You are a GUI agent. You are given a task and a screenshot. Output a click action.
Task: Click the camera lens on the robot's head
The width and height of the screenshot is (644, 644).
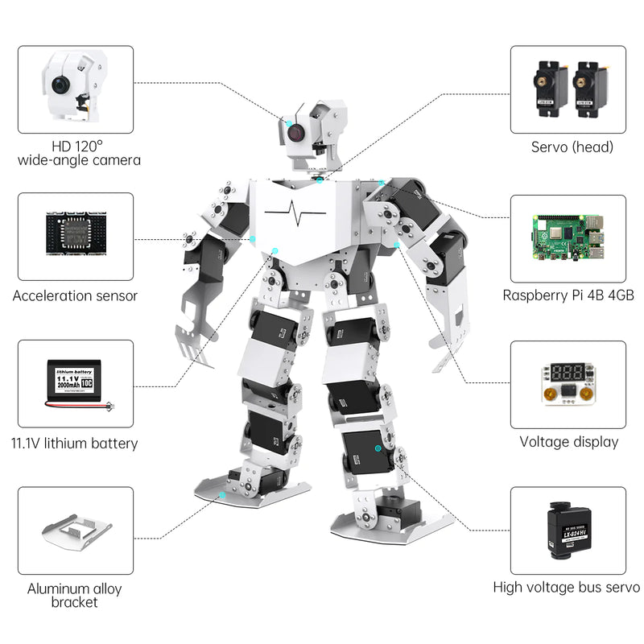tap(295, 131)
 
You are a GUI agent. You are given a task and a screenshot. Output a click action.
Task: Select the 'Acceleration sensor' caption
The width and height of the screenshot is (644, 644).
tap(75, 295)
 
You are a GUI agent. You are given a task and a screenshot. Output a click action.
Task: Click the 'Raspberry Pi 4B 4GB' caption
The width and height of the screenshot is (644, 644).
tap(568, 295)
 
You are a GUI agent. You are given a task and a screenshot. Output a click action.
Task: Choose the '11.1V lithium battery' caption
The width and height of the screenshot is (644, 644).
tap(75, 443)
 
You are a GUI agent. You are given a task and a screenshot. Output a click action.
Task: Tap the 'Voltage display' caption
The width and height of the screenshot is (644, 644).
tap(568, 441)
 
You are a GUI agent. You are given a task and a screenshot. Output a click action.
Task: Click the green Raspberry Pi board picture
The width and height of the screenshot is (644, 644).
tap(568, 237)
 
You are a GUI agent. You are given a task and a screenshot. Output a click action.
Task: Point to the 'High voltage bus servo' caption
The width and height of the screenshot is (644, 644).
tap(567, 588)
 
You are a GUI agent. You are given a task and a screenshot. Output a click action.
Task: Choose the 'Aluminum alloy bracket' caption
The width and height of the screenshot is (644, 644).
tap(75, 595)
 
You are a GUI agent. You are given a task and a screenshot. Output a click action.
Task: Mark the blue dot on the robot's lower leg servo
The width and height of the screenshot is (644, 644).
tap(378, 447)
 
